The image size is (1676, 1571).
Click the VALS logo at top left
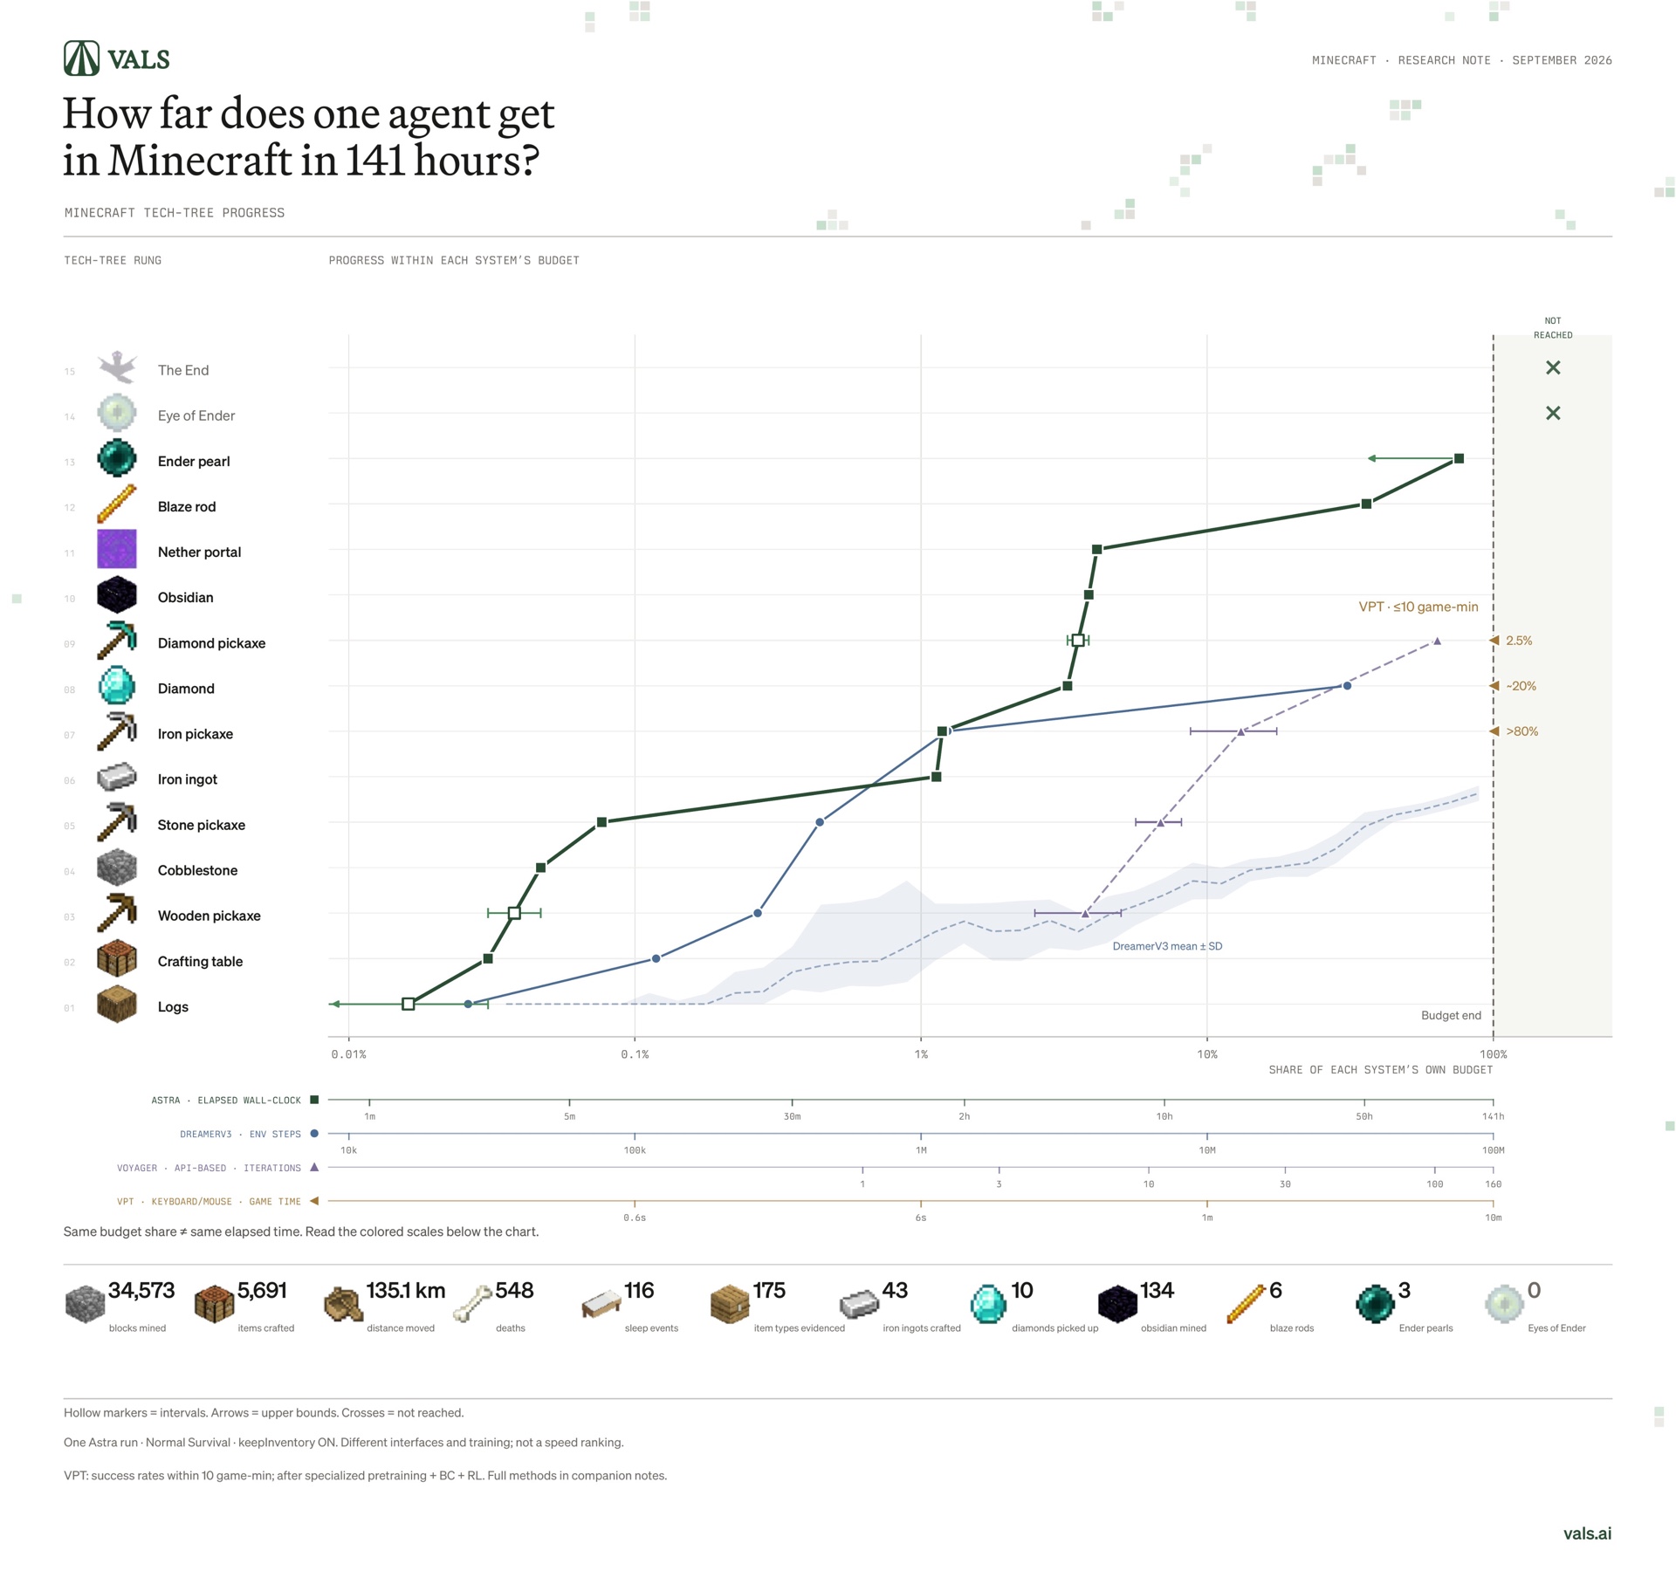click(x=117, y=58)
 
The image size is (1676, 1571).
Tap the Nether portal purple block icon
click(x=117, y=549)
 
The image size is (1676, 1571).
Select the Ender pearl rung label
click(x=194, y=461)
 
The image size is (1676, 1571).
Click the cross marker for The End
click(x=1553, y=367)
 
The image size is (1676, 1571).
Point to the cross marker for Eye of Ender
click(x=1553, y=413)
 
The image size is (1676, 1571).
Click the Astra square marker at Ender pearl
click(x=1459, y=458)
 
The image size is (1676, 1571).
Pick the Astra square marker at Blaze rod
click(x=1367, y=504)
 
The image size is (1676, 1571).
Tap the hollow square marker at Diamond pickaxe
click(x=1078, y=641)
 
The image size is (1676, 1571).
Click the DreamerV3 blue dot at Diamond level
click(x=1347, y=686)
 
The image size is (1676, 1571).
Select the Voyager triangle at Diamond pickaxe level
click(x=1437, y=641)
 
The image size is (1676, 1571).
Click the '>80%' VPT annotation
click(x=1521, y=731)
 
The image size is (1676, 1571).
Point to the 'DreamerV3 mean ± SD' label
click(x=1167, y=946)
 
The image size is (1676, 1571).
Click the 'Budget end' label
click(x=1451, y=1015)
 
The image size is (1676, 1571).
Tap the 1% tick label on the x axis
click(x=921, y=1054)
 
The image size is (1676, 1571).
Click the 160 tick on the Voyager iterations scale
click(x=1494, y=1184)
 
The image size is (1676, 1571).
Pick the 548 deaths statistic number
click(x=514, y=1290)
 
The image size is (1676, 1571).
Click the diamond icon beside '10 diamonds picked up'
click(x=988, y=1304)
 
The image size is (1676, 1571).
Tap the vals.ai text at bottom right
click(x=1588, y=1533)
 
